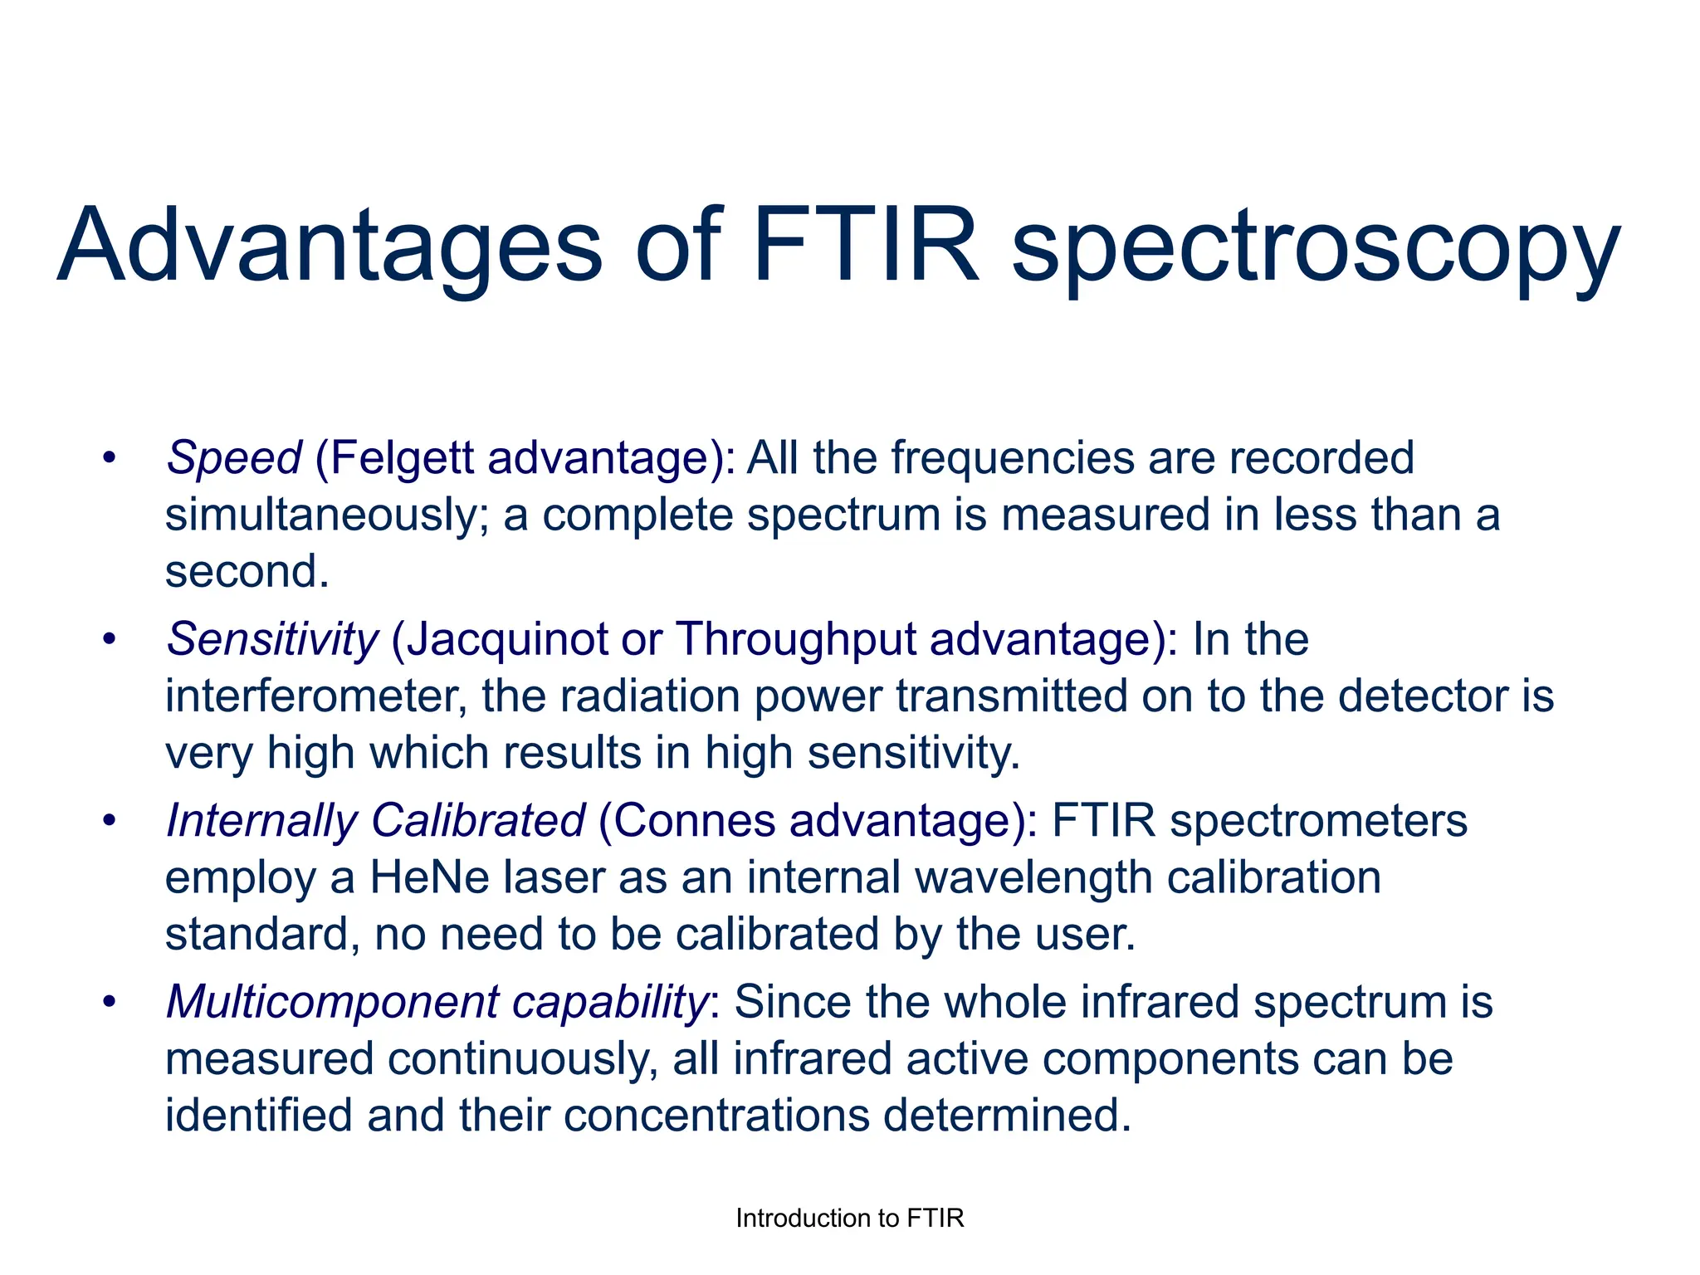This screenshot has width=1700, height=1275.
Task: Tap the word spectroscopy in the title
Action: click(x=1316, y=249)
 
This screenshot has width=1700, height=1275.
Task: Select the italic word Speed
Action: click(x=234, y=458)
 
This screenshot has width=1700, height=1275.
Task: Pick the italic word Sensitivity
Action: click(x=272, y=639)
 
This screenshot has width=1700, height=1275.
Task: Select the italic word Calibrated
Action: click(x=478, y=820)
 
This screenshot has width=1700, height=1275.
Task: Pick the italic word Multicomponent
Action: click(x=332, y=1002)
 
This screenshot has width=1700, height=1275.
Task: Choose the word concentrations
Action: click(x=716, y=1115)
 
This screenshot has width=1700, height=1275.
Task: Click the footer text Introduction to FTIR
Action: click(x=850, y=1218)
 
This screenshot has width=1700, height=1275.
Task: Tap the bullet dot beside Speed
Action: click(x=109, y=458)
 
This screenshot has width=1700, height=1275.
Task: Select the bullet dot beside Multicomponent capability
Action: click(x=109, y=1002)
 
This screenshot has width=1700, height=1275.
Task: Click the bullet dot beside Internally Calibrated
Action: click(x=109, y=820)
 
